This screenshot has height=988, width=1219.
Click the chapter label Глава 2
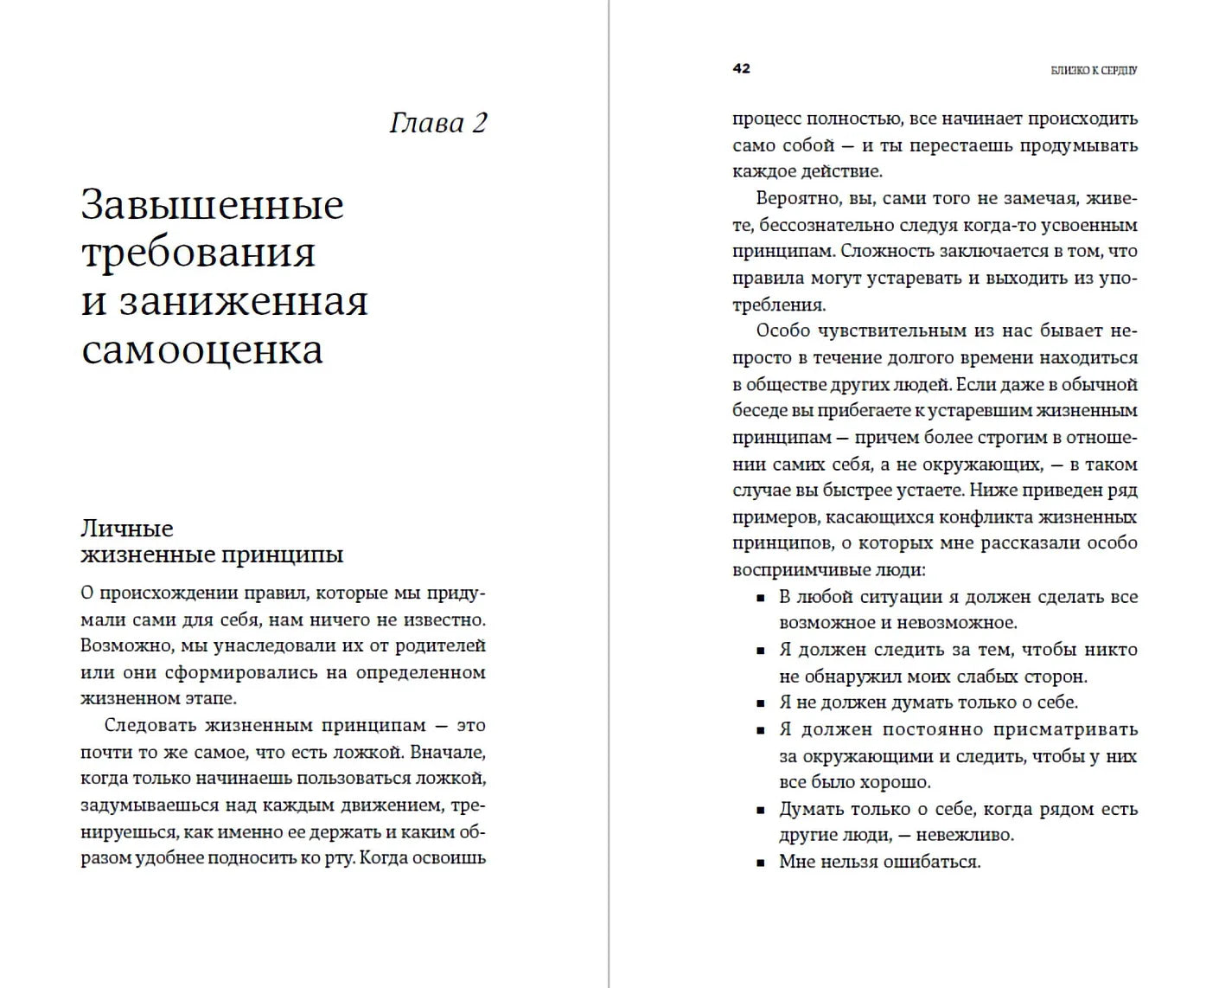pos(438,123)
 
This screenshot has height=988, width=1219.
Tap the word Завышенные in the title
pos(213,205)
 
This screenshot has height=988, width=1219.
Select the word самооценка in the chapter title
pos(202,350)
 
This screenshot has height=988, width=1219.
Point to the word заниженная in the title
pos(244,302)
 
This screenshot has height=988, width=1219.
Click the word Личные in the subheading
pos(127,528)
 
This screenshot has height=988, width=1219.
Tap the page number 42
pos(741,68)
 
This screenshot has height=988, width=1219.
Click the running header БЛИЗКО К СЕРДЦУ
pos(1094,70)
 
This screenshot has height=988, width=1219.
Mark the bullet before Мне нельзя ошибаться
pos(761,863)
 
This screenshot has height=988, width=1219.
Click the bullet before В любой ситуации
pos(761,598)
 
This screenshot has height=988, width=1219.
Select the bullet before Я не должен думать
pos(761,703)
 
